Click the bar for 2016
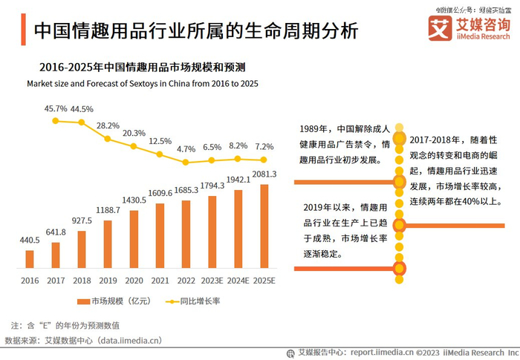[30, 258]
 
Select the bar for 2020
[134, 238]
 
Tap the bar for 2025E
[264, 226]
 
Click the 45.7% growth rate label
[56, 108]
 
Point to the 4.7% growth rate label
[186, 149]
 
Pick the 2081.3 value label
[264, 174]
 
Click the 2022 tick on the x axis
[186, 281]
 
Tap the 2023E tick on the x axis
[212, 281]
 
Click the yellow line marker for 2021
[160, 154]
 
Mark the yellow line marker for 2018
[82, 122]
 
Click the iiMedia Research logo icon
[441, 29]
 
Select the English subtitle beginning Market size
[143, 84]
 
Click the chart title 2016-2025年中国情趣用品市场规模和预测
[143, 67]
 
